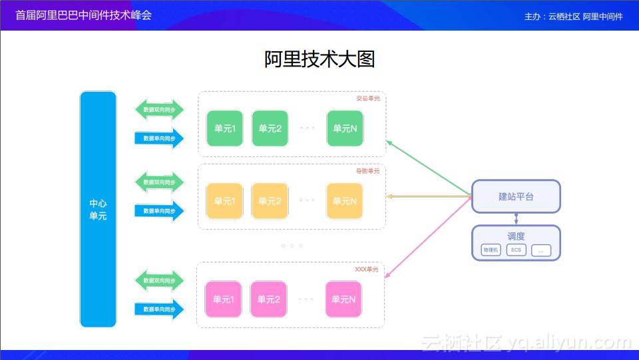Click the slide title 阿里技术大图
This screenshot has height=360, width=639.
319,59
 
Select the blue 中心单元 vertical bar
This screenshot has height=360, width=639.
98,209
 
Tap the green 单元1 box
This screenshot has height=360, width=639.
224,128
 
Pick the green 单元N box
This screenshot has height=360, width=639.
345,128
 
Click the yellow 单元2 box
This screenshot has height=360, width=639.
270,201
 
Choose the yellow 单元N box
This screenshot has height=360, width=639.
345,201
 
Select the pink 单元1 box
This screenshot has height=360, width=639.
224,299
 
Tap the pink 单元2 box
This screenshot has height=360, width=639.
268,299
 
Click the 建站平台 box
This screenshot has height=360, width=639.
516,196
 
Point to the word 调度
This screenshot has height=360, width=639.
516,236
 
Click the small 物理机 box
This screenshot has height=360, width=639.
491,250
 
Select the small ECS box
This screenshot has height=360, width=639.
516,250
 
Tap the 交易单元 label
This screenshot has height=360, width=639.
367,98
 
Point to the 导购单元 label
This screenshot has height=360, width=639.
367,171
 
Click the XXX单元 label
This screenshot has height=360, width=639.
366,270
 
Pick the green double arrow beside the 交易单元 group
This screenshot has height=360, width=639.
159,109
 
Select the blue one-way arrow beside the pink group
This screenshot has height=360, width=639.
159,309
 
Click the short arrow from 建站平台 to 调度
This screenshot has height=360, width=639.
516,219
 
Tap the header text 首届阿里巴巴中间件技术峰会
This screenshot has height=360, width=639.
83,15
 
